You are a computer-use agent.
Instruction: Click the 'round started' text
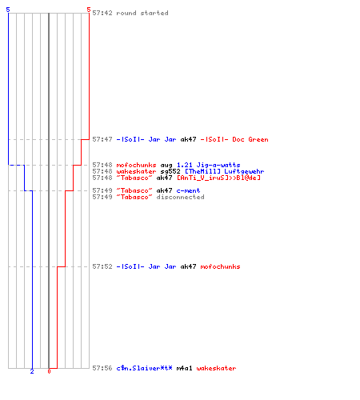pos(142,13)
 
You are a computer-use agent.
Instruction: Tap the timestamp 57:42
pos(102,13)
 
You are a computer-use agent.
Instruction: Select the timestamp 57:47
pos(102,139)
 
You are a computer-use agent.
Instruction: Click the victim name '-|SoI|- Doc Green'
pos(234,139)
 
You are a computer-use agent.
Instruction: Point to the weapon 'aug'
pos(166,166)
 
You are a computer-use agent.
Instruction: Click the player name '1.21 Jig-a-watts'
pos(209,166)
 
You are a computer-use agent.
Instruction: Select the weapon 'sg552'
pos(170,171)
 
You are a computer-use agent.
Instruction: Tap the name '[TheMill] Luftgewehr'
pos(225,171)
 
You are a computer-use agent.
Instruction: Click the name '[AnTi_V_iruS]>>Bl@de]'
pos(218,178)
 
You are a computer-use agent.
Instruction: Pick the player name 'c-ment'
pos(188,190)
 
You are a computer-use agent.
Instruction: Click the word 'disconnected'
pos(180,197)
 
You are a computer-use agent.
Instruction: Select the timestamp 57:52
pos(102,266)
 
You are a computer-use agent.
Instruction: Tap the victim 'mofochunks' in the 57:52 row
pos(220,266)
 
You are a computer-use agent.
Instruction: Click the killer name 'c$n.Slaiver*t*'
pos(144,368)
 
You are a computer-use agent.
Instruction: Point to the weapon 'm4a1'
pos(184,368)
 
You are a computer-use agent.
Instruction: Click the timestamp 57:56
pos(102,368)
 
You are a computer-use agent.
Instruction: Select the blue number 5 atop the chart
pos(8,10)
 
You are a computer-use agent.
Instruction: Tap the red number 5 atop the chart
pos(89,10)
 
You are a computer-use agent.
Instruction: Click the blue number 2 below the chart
pos(32,371)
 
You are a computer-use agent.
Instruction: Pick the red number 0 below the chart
pos(49,371)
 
